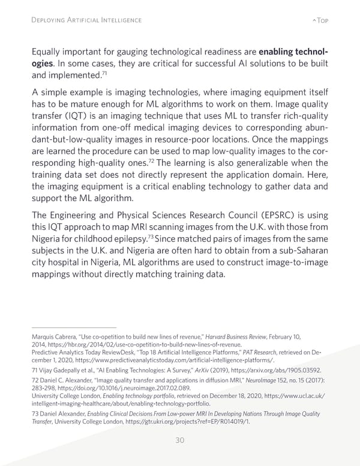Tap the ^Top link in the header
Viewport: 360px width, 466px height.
tap(321, 20)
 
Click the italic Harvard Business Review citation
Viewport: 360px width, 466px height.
tap(232, 337)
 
